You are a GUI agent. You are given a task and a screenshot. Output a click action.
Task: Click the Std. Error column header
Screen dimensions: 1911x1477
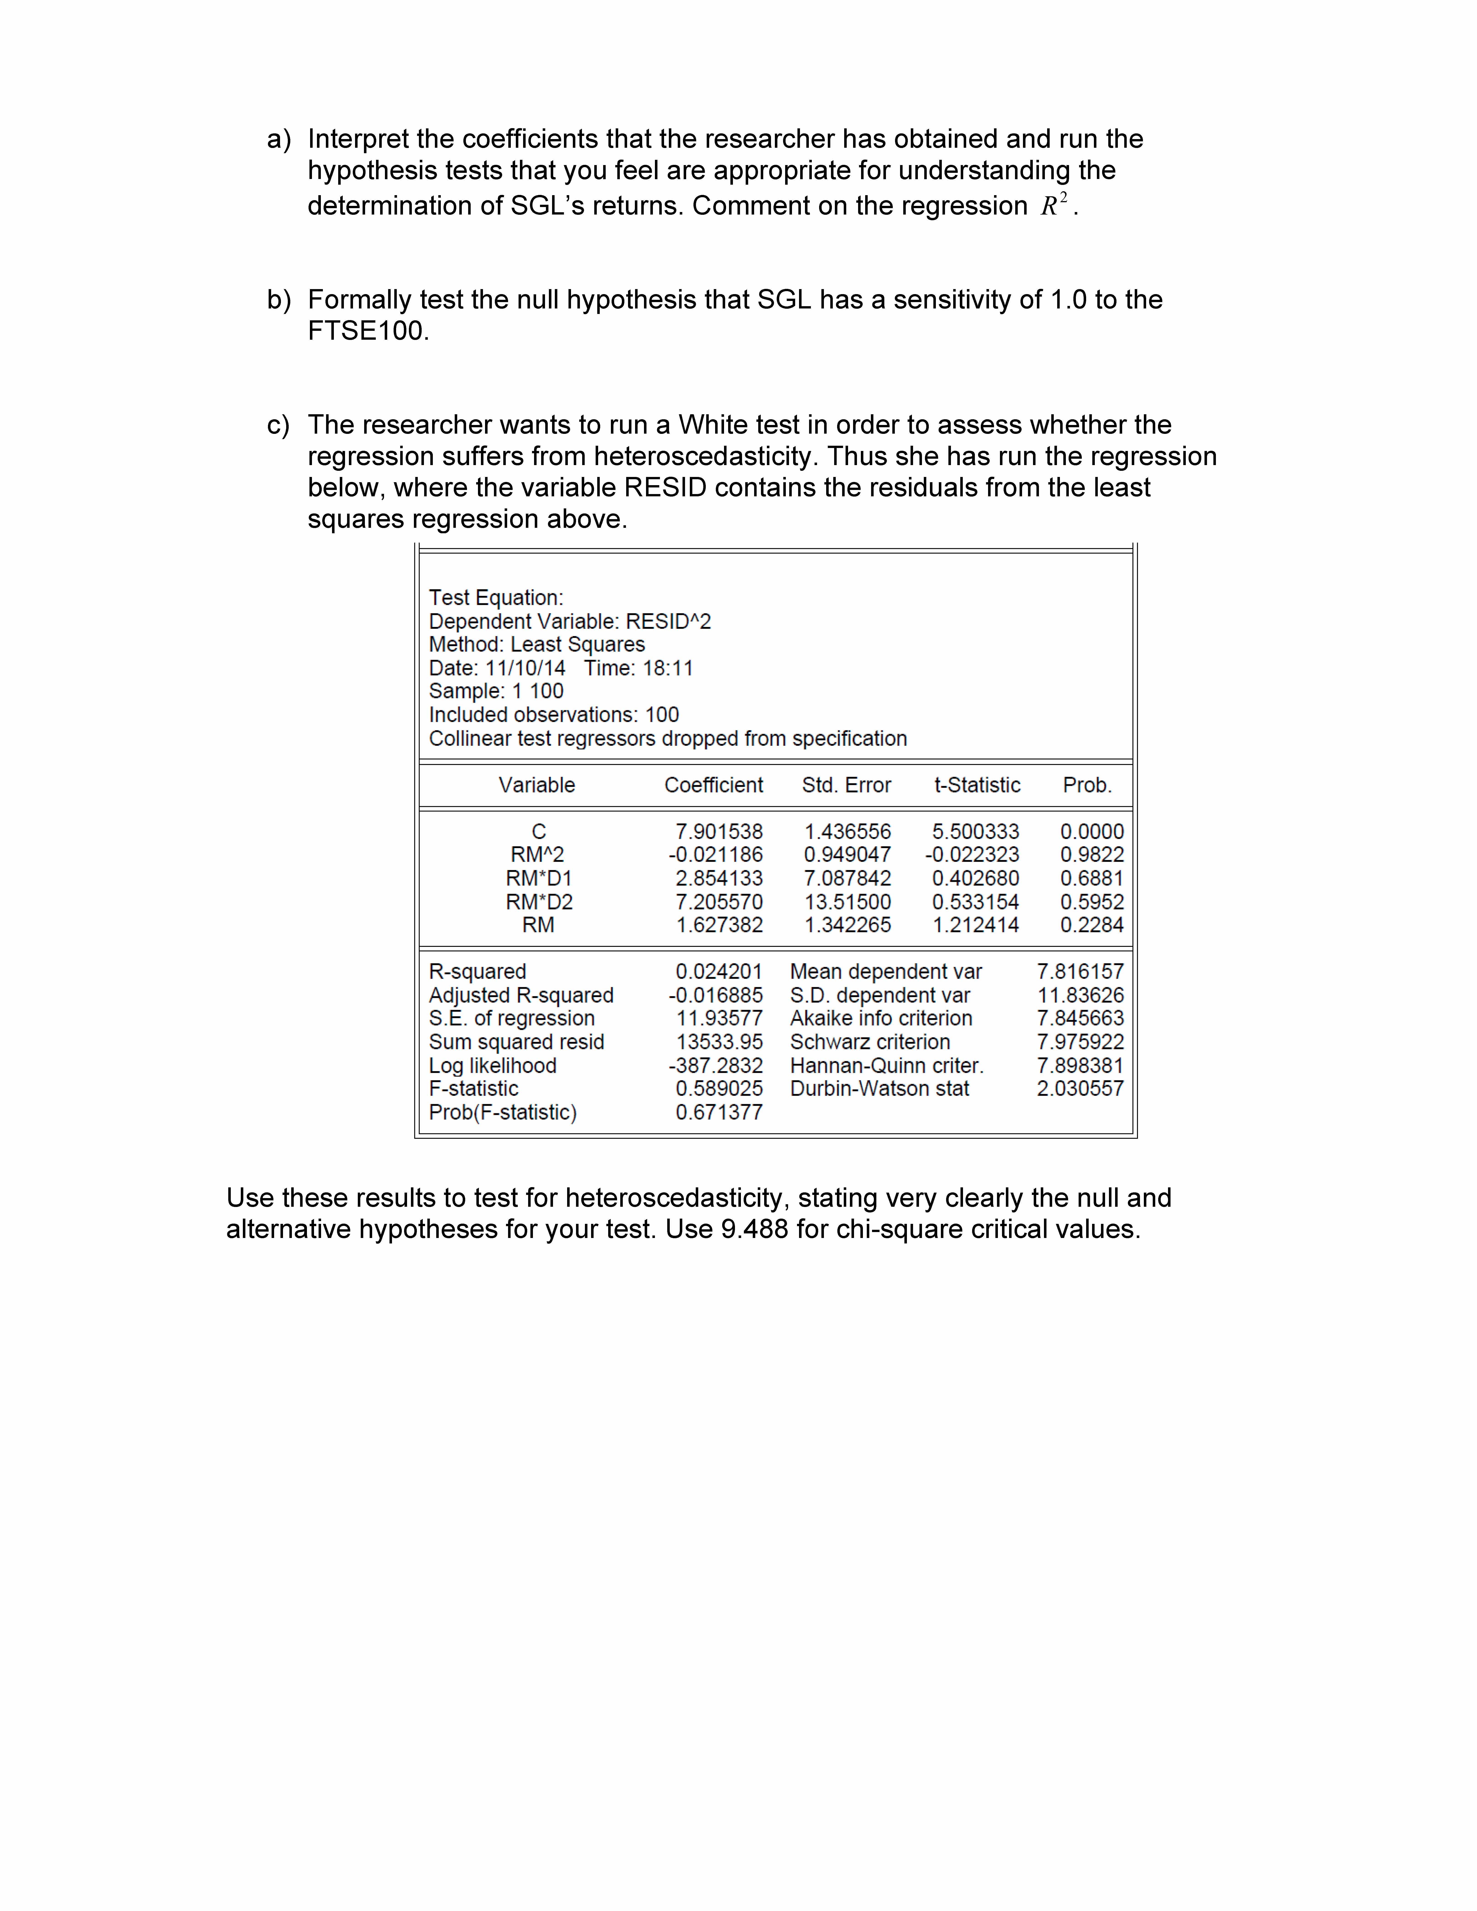[846, 785]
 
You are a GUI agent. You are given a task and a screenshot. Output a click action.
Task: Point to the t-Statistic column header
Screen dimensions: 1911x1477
[976, 785]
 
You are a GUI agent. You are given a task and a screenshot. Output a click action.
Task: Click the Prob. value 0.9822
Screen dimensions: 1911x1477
[1091, 855]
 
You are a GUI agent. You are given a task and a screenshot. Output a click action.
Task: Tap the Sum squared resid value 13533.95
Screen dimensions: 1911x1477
[718, 1042]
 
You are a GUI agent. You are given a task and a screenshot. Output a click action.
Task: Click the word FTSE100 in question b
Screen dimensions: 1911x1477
[366, 331]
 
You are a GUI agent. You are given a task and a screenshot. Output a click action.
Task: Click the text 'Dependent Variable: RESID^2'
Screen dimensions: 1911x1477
[570, 621]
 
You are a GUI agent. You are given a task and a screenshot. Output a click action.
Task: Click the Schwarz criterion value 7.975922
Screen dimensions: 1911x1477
[1080, 1042]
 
